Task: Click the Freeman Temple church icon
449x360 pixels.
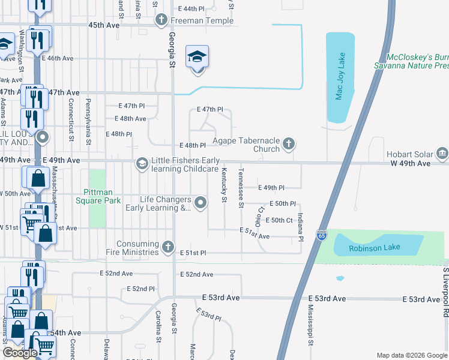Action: tap(161, 20)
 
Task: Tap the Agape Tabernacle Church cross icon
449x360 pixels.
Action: tap(289, 143)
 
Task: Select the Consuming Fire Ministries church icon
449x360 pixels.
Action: tap(167, 245)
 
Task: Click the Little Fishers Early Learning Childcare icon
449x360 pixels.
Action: tap(142, 163)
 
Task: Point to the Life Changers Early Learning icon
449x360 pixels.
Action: tap(200, 203)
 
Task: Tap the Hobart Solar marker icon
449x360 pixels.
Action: tap(443, 153)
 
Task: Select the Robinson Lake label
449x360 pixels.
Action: tap(379, 246)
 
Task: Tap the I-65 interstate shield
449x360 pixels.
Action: tap(322, 234)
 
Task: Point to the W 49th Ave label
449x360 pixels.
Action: tap(411, 163)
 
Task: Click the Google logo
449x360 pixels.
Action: tap(20, 353)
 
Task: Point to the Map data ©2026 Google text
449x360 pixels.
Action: tap(411, 355)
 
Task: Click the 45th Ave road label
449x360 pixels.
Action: tap(104, 25)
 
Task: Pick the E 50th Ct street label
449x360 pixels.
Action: tap(282, 220)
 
